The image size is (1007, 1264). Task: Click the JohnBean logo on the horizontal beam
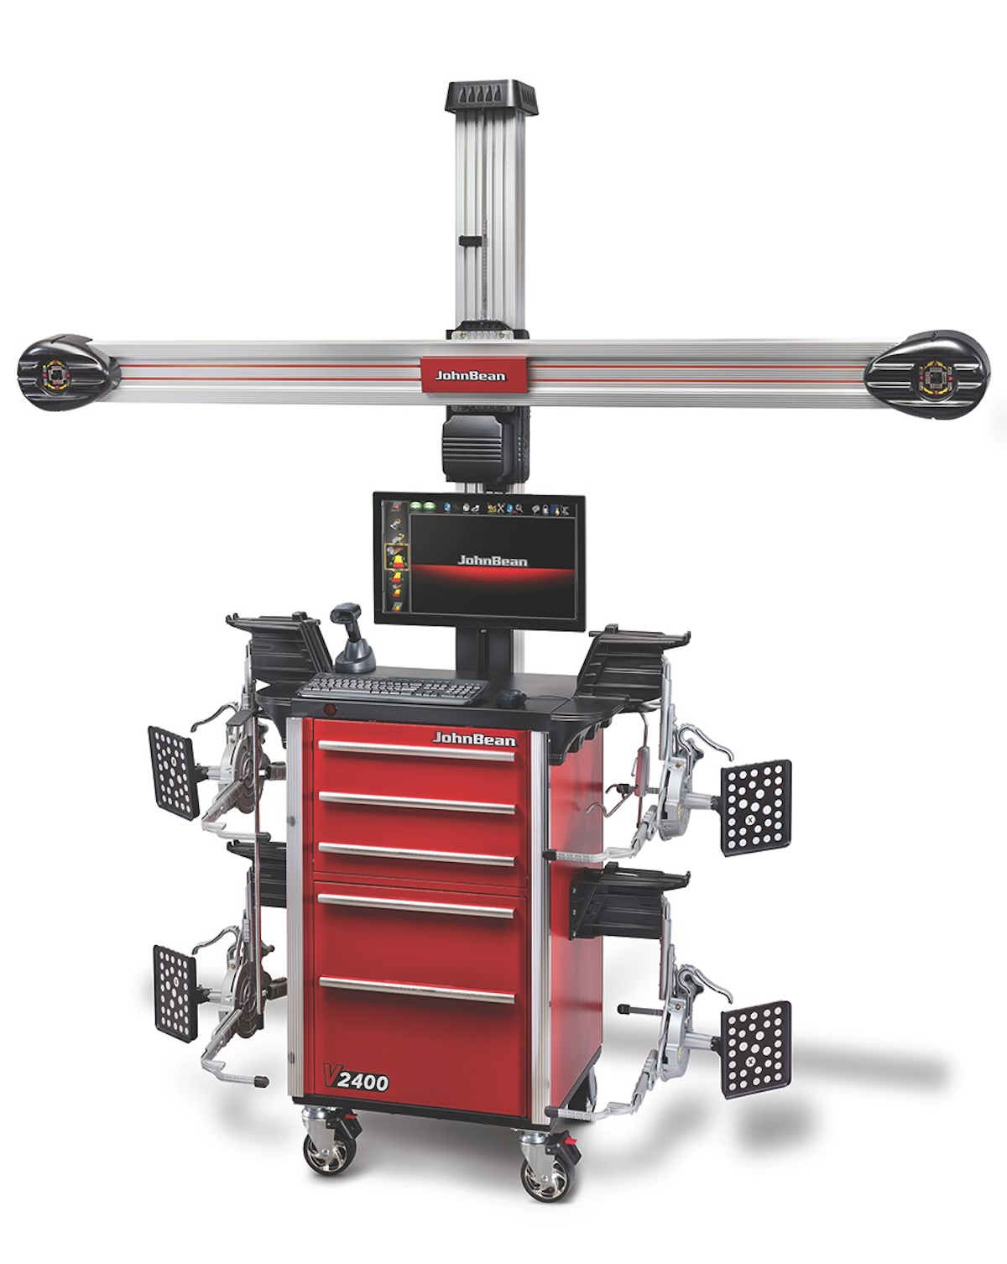471,374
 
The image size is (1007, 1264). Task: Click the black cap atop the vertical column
490,97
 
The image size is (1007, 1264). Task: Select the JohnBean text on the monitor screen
492,560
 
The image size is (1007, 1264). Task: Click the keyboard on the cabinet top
393,688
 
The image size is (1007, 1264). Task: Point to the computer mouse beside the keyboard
510,697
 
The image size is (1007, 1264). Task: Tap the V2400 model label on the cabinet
357,1079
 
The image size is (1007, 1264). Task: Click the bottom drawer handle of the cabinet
416,990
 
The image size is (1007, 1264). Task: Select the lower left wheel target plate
175,992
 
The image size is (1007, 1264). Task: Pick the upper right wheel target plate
756,807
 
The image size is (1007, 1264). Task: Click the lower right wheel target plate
756,1048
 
